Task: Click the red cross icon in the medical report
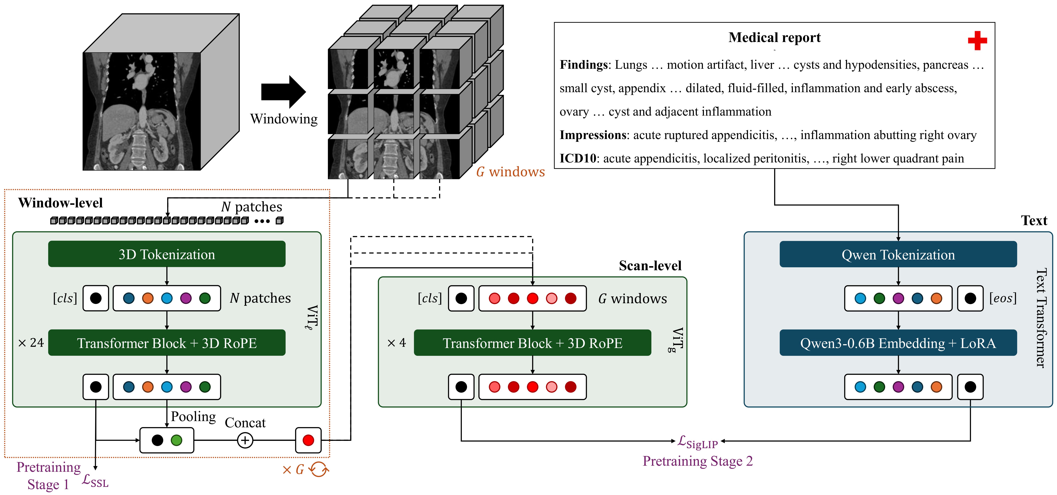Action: (x=977, y=41)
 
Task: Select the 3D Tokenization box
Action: (x=167, y=254)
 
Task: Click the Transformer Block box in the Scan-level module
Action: (x=532, y=343)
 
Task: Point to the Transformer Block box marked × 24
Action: (x=167, y=343)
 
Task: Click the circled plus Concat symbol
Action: (x=245, y=440)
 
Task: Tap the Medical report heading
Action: (x=774, y=37)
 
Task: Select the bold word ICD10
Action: (x=578, y=159)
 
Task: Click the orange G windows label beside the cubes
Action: (x=510, y=172)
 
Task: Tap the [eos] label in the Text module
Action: (x=1003, y=298)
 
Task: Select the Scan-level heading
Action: (x=650, y=266)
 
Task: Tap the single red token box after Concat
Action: (x=308, y=440)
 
